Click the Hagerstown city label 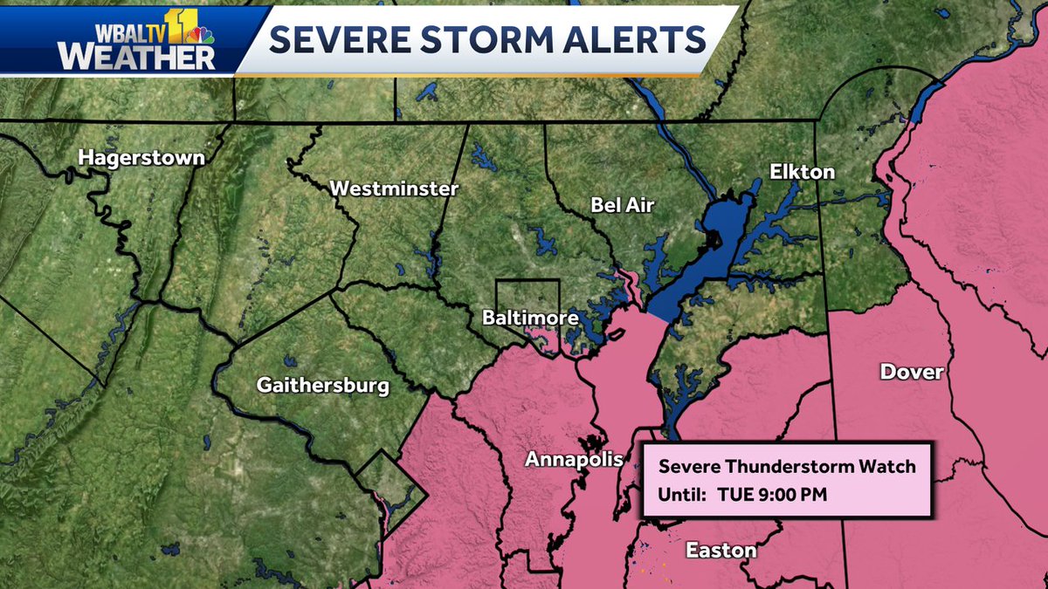pos(141,158)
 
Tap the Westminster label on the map pos(394,188)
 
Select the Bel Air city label pos(622,205)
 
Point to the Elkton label pos(802,172)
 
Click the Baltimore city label pos(530,318)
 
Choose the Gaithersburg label pos(322,385)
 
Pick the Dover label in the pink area pos(912,373)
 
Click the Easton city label pos(720,551)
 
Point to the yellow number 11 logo pos(180,26)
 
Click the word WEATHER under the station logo pos(136,57)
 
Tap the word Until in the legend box pos(681,494)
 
